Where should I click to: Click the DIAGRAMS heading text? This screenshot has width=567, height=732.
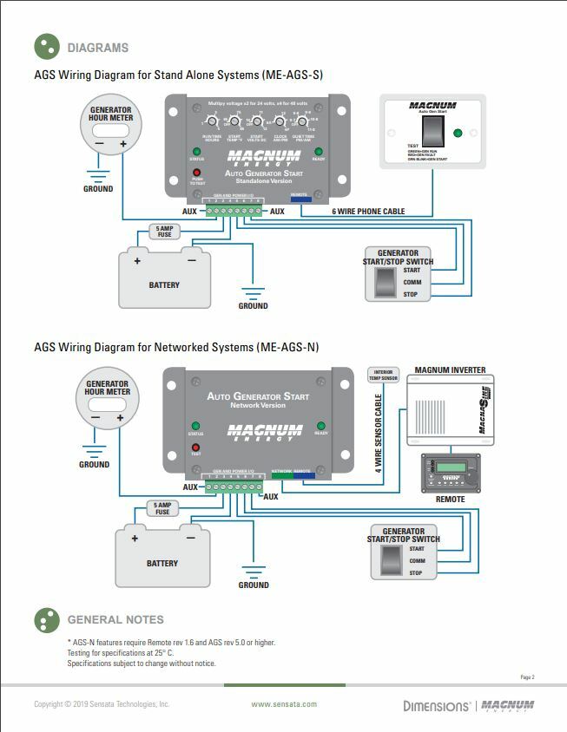pos(97,48)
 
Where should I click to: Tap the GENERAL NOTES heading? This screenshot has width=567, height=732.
pos(115,620)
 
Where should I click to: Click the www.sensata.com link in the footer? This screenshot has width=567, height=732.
pos(284,704)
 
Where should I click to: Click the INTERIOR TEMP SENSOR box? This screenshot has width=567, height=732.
pos(383,375)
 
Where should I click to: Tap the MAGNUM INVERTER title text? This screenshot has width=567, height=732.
pos(451,370)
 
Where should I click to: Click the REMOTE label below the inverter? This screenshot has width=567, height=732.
pos(450,500)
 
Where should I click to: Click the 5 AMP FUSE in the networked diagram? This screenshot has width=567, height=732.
pos(162,508)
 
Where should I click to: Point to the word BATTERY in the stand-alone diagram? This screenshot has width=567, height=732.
pos(164,284)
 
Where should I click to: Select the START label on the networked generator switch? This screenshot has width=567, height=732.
pos(417,549)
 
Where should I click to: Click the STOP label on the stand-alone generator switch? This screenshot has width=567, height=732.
pos(411,295)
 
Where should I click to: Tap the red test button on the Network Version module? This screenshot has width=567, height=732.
pos(195,448)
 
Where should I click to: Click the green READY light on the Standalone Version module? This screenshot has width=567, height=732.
pos(319,152)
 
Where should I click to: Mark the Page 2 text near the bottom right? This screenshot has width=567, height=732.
pos(527,676)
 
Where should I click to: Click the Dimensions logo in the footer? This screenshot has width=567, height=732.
pos(436,705)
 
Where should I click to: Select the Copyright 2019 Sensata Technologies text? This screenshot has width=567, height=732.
pos(102,704)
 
